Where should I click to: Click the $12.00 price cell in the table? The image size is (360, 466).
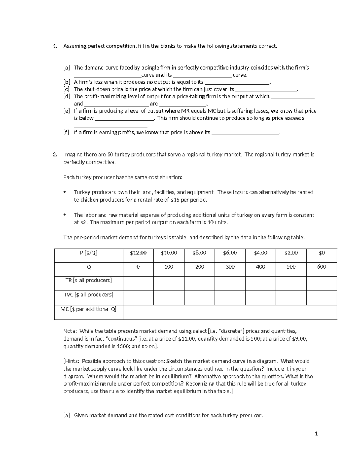click(x=138, y=253)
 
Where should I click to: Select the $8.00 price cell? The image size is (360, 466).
click(x=199, y=253)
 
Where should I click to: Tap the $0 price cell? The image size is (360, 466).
click(x=322, y=253)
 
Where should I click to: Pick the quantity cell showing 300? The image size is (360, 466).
click(x=230, y=267)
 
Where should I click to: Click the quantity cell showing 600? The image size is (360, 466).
click(x=322, y=267)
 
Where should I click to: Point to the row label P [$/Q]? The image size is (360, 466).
click(x=88, y=253)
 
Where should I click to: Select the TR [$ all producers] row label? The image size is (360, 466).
click(x=88, y=280)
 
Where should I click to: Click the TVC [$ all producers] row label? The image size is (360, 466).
click(x=88, y=295)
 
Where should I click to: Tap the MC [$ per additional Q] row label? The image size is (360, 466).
click(x=88, y=309)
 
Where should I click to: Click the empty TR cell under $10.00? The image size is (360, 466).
click(x=169, y=283)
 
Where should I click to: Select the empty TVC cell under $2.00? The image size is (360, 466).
click(x=291, y=298)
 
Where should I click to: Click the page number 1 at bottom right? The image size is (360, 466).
click(x=316, y=434)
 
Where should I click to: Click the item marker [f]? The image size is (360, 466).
click(x=66, y=133)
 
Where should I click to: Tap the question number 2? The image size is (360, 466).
click(x=55, y=155)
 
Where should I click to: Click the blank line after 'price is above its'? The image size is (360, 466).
click(x=245, y=133)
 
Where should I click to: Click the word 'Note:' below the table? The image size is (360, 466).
click(x=70, y=331)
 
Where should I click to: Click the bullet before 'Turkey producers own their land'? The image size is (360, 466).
click(x=65, y=192)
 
